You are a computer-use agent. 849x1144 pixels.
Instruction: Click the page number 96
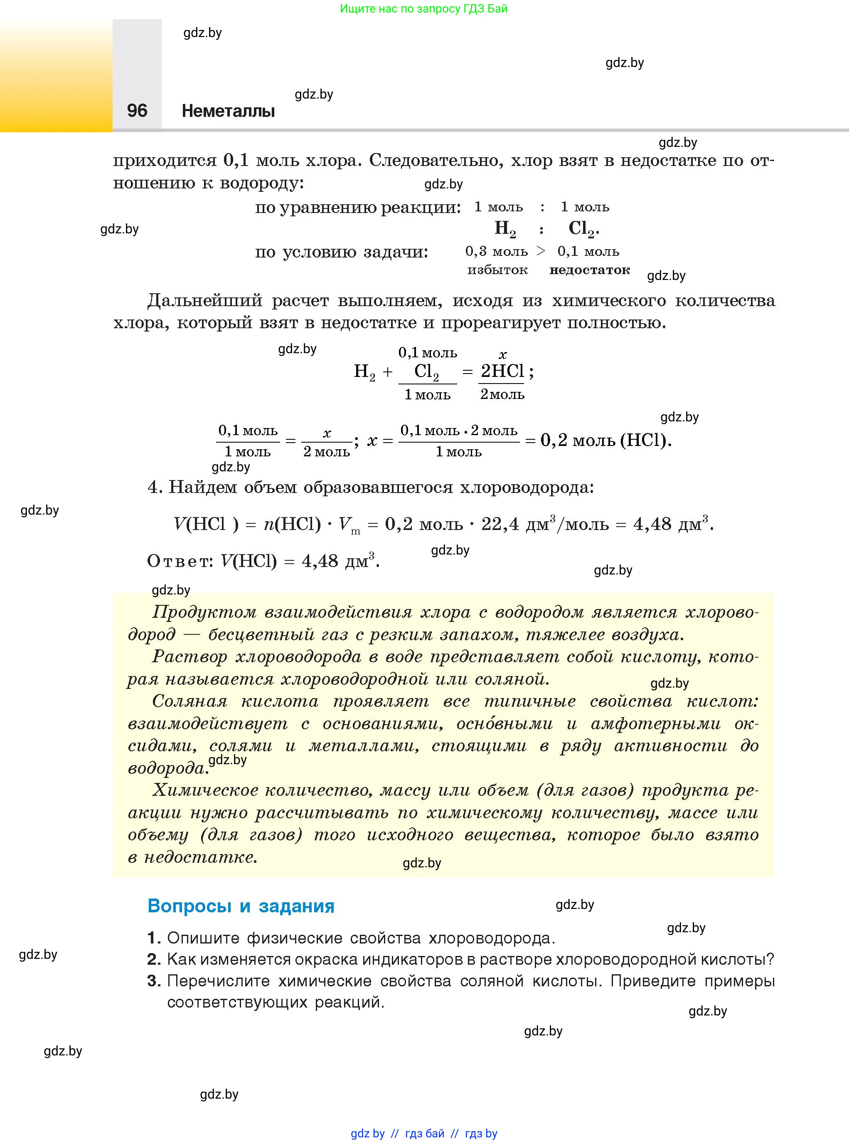[x=137, y=111]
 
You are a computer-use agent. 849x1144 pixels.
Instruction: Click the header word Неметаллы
[x=228, y=111]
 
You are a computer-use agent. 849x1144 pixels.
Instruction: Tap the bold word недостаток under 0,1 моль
[x=589, y=270]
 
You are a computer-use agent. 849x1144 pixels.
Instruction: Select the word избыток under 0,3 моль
[x=497, y=270]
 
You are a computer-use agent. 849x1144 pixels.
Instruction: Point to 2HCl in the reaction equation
[x=502, y=371]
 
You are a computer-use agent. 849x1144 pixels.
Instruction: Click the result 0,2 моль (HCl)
[x=606, y=440]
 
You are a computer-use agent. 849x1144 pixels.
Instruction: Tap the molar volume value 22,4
[x=500, y=524]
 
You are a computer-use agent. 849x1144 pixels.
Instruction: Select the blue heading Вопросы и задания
[x=241, y=906]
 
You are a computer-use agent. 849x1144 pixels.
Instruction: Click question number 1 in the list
[x=154, y=938]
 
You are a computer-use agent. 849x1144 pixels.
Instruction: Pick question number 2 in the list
[x=154, y=959]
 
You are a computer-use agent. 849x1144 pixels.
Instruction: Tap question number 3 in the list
[x=154, y=981]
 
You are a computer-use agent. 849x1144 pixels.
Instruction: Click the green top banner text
[x=423, y=9]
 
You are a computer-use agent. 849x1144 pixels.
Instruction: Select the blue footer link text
[x=424, y=1133]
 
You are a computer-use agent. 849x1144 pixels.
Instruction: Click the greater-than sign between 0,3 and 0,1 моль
[x=541, y=251]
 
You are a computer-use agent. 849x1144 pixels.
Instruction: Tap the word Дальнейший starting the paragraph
[x=204, y=300]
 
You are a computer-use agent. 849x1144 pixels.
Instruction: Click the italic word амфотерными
[x=656, y=724]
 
